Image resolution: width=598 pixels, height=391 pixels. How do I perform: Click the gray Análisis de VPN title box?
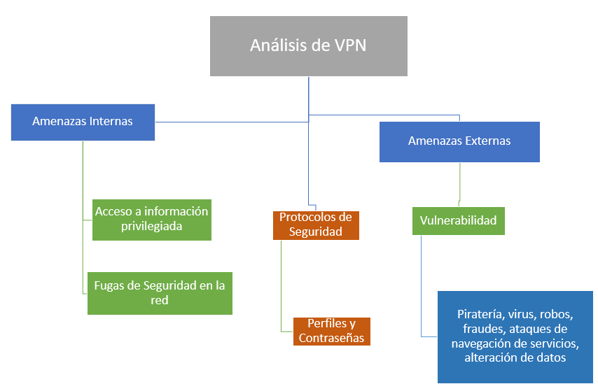(308, 46)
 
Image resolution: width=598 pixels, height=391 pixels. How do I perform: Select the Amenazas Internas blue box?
(83, 121)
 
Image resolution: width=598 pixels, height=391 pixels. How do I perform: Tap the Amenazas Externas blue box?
(459, 141)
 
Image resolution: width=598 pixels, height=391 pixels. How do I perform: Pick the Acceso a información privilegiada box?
(152, 218)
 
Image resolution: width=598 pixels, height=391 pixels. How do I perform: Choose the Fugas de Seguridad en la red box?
(160, 293)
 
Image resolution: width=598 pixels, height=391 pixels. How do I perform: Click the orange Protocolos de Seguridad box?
(316, 225)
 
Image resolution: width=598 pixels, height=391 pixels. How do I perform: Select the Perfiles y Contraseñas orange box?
(332, 331)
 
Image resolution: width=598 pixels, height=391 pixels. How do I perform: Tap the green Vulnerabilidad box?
(458, 220)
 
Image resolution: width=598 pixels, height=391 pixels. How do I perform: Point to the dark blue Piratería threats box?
(515, 336)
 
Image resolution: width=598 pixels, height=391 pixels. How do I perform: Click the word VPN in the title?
(349, 46)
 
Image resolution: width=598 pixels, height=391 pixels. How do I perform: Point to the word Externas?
(487, 141)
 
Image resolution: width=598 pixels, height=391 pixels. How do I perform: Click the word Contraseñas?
(332, 339)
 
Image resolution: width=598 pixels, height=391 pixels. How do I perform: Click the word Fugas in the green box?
(109, 286)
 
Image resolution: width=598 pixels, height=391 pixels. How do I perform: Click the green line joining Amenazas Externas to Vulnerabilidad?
(459, 183)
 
